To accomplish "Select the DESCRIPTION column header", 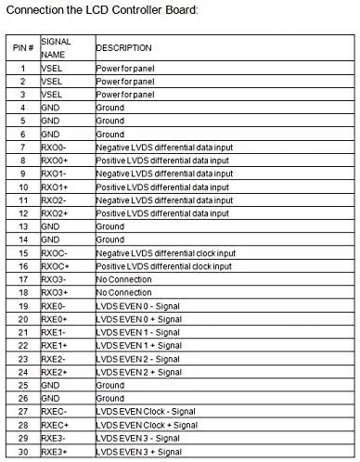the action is click(x=124, y=47).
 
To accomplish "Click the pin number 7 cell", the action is click(x=21, y=148).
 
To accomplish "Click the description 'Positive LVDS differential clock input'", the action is click(x=166, y=265).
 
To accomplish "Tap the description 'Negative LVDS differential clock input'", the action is click(x=166, y=252).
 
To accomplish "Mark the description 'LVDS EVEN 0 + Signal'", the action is click(x=139, y=318).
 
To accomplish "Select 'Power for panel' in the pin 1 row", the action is click(x=126, y=69).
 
